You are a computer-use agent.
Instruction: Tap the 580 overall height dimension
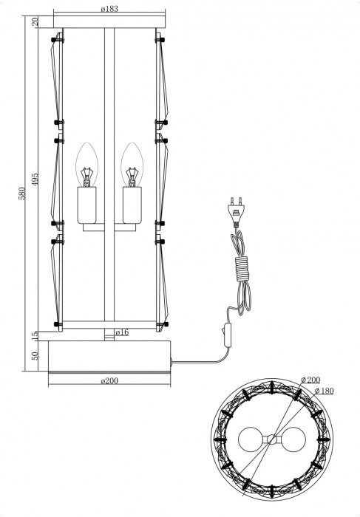point(22,193)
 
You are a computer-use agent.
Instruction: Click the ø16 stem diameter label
point(122,332)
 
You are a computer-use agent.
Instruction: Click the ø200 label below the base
point(110,380)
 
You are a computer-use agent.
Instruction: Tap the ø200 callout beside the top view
point(310,380)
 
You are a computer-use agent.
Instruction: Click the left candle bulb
point(89,164)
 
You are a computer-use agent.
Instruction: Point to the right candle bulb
point(132,164)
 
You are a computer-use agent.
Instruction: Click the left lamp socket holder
point(89,205)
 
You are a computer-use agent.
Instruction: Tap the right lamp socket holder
point(132,205)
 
